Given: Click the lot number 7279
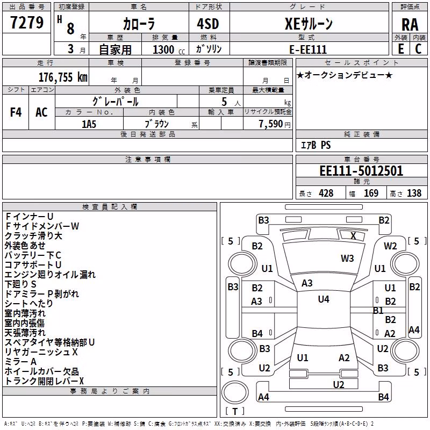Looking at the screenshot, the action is pyautogui.click(x=27, y=23).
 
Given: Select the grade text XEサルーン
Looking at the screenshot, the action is pyautogui.click(x=309, y=24).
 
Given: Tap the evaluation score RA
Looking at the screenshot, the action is pyautogui.click(x=410, y=25).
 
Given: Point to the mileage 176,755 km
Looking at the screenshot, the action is pyautogui.click(x=63, y=77).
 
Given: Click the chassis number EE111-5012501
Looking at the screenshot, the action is pyautogui.click(x=361, y=171).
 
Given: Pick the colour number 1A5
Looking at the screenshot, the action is pyautogui.click(x=89, y=124).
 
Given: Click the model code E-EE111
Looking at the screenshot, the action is pyautogui.click(x=308, y=49).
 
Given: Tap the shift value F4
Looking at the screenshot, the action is pyautogui.click(x=16, y=112).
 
